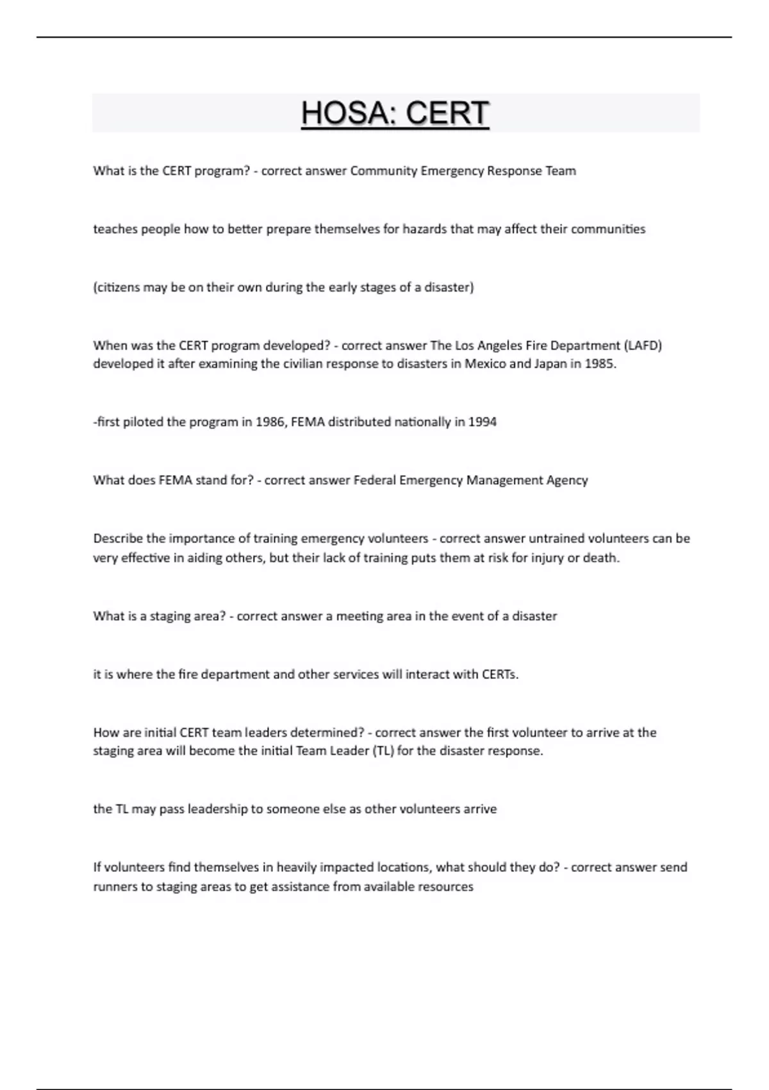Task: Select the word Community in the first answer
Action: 383,171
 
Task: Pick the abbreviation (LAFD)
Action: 642,346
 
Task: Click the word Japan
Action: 549,364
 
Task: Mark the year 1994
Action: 482,422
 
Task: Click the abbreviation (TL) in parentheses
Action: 383,751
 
